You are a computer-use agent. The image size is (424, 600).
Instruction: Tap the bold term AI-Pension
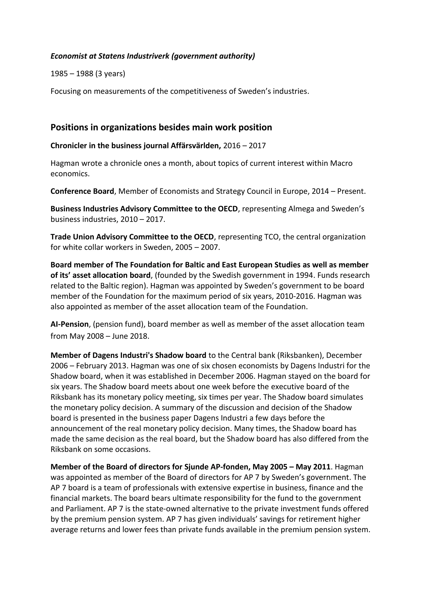[69, 324]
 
